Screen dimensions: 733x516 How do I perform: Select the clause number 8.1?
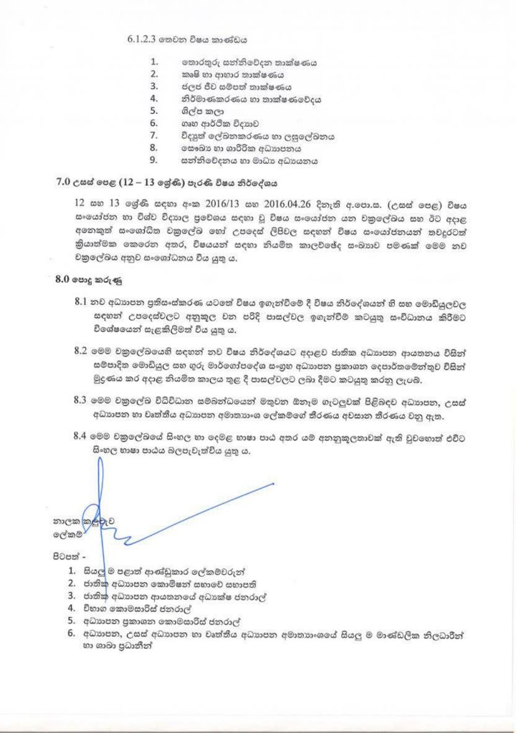click(x=81, y=301)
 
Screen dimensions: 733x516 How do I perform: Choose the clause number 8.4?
click(x=81, y=434)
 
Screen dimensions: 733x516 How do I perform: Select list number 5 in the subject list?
click(x=153, y=110)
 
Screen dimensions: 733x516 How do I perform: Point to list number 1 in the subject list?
click(x=153, y=62)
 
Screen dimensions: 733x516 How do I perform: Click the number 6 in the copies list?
click(x=72, y=633)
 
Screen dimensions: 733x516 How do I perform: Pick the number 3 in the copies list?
click(x=72, y=596)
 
